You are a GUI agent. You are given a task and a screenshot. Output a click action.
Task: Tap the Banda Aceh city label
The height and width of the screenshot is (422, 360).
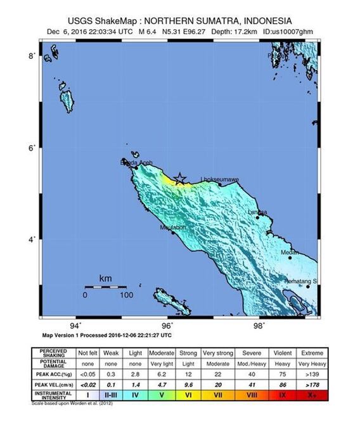(136, 163)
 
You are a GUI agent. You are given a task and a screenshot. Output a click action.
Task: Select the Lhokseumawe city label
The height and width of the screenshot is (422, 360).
(219, 179)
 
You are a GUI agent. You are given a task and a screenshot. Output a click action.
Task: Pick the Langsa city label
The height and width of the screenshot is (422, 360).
(257, 212)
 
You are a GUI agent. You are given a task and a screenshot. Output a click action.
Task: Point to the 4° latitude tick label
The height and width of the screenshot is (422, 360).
(31, 240)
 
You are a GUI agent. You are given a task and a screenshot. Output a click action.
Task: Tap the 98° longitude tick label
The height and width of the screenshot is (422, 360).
(259, 327)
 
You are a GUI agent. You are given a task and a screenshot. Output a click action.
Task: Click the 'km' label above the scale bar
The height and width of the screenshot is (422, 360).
(106, 278)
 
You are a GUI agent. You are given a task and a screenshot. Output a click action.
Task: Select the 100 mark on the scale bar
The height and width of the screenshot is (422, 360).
(126, 295)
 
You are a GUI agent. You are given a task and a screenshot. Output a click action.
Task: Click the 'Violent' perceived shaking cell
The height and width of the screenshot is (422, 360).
(283, 352)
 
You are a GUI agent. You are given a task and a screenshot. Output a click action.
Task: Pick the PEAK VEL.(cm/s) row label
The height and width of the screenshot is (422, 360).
(53, 385)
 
